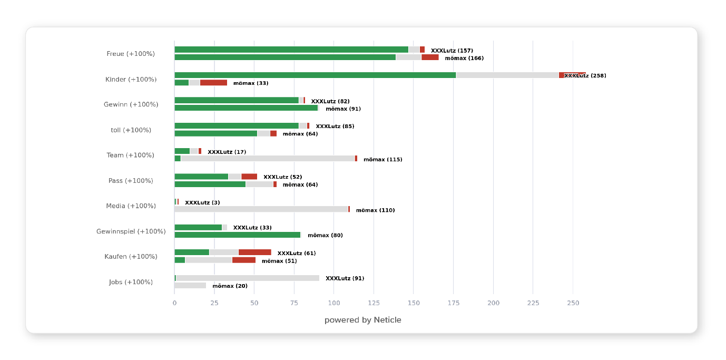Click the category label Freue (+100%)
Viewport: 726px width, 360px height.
tap(131, 54)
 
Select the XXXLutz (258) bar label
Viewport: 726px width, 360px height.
tap(585, 76)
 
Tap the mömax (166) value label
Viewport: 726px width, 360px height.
tap(464, 58)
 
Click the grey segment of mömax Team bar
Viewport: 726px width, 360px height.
tap(268, 159)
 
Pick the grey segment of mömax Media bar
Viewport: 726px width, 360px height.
tap(261, 209)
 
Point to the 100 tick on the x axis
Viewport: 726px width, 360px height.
tap(334, 303)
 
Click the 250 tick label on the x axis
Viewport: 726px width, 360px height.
tap(573, 303)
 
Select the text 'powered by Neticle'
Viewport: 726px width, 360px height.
tap(362, 320)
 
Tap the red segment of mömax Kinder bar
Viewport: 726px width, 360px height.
tap(213, 83)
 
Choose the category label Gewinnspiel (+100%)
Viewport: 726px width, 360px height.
tap(131, 231)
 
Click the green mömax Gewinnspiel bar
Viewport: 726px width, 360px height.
tap(237, 235)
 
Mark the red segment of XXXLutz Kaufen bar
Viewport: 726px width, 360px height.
tap(255, 252)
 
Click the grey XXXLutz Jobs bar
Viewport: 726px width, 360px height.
tap(248, 278)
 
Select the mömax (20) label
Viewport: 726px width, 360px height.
tap(230, 286)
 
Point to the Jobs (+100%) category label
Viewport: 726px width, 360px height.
tap(131, 282)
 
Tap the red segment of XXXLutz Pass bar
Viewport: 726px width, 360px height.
tap(249, 177)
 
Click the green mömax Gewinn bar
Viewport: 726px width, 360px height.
tap(246, 108)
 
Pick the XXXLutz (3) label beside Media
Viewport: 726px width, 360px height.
tap(202, 202)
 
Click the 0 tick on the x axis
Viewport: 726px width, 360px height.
tap(174, 303)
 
